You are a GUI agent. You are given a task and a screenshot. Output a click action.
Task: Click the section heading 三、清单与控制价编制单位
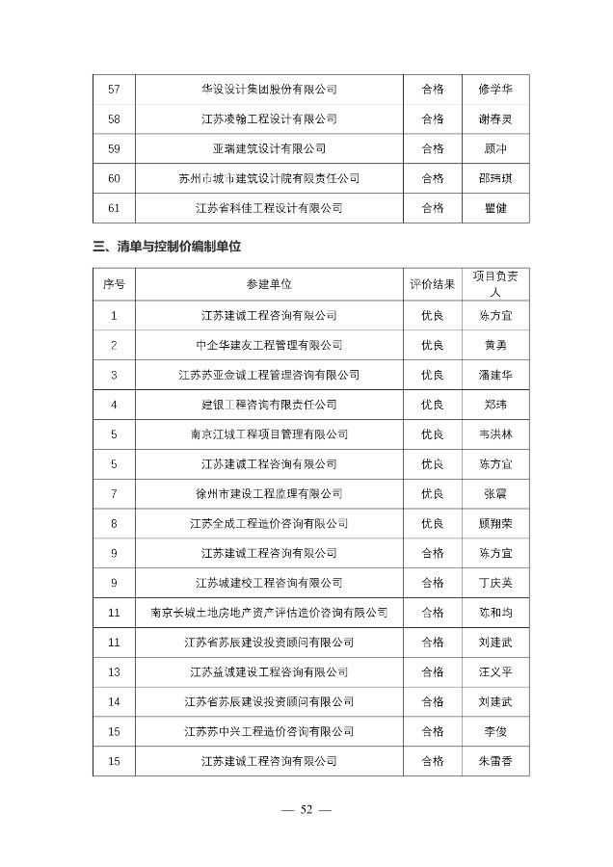(167, 247)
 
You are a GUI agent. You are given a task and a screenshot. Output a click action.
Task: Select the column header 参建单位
(269, 285)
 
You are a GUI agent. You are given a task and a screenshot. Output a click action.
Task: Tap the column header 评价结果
(433, 285)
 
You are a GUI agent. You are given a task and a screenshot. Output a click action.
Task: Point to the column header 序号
(115, 285)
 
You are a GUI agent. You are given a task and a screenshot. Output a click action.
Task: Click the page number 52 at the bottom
(306, 810)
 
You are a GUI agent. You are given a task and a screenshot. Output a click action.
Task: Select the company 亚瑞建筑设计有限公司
(269, 148)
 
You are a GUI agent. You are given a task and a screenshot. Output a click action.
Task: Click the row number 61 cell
(115, 207)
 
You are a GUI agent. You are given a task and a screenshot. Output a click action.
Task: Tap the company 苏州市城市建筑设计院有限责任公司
(269, 178)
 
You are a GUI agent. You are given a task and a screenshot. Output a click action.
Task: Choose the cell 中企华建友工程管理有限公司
(269, 345)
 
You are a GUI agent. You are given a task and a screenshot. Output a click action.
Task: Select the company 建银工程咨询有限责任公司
(269, 405)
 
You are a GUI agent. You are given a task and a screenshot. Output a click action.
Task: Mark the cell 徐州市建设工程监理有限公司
(269, 493)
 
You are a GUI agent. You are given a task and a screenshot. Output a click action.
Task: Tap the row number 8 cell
(115, 523)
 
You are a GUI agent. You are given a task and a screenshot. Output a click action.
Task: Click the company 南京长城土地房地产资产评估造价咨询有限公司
(269, 613)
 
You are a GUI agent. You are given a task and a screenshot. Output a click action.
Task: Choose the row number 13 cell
(115, 671)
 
